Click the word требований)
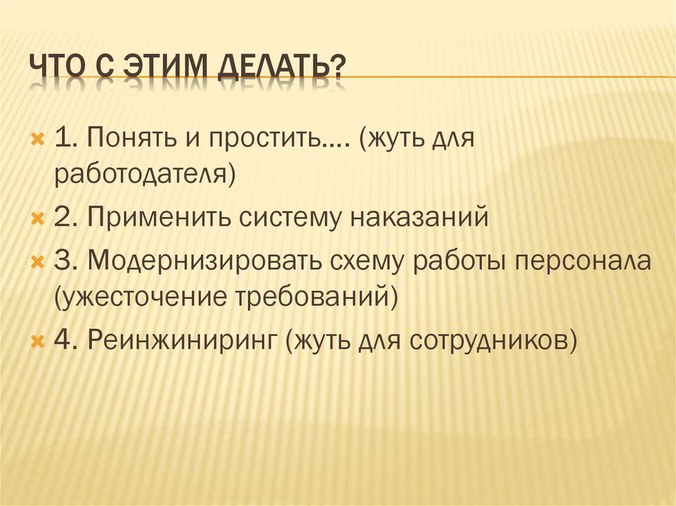[317, 298]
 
